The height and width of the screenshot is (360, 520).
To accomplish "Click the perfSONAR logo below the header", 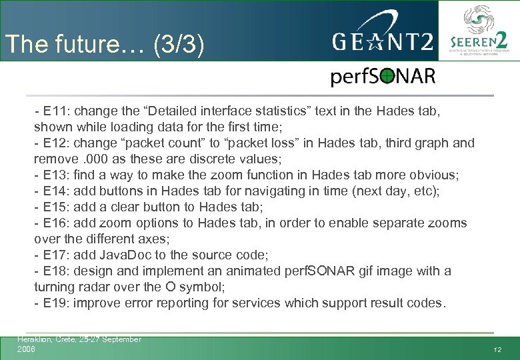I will tap(383, 77).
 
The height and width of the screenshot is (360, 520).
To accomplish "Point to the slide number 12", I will tap(497, 349).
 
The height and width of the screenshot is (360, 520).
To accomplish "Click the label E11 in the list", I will tap(55, 111).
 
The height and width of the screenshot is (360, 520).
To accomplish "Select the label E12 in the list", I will tap(55, 143).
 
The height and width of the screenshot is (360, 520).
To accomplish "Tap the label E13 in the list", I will tap(55, 175).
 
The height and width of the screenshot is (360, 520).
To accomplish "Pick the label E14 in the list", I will tap(55, 191).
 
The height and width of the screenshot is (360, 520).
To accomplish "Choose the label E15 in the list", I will tap(55, 207).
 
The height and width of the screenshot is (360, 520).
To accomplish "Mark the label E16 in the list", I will tap(55, 223).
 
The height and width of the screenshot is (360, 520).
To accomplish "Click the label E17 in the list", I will tap(55, 255).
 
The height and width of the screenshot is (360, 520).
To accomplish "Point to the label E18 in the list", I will tap(55, 271).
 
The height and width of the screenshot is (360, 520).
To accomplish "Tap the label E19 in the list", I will tap(55, 303).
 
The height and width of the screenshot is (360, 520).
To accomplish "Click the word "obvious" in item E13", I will tap(434, 175).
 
